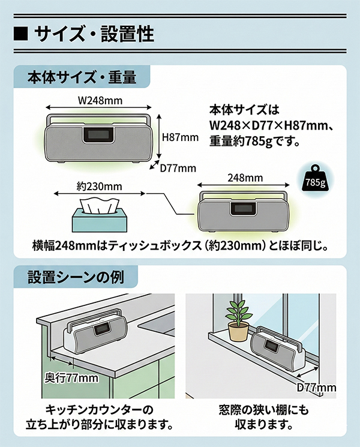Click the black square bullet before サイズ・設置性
click(x=21, y=34)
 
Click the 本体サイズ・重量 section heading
click(x=82, y=77)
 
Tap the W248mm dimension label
click(x=100, y=100)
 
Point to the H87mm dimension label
click(x=180, y=137)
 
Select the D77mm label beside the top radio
click(x=178, y=168)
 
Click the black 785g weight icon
click(x=316, y=181)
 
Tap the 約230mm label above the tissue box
click(x=99, y=187)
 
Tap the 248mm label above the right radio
click(x=245, y=178)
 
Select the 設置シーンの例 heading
click(x=76, y=277)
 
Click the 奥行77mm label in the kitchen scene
click(x=72, y=378)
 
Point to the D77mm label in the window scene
click(x=316, y=388)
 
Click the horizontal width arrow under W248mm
click(x=98, y=108)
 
